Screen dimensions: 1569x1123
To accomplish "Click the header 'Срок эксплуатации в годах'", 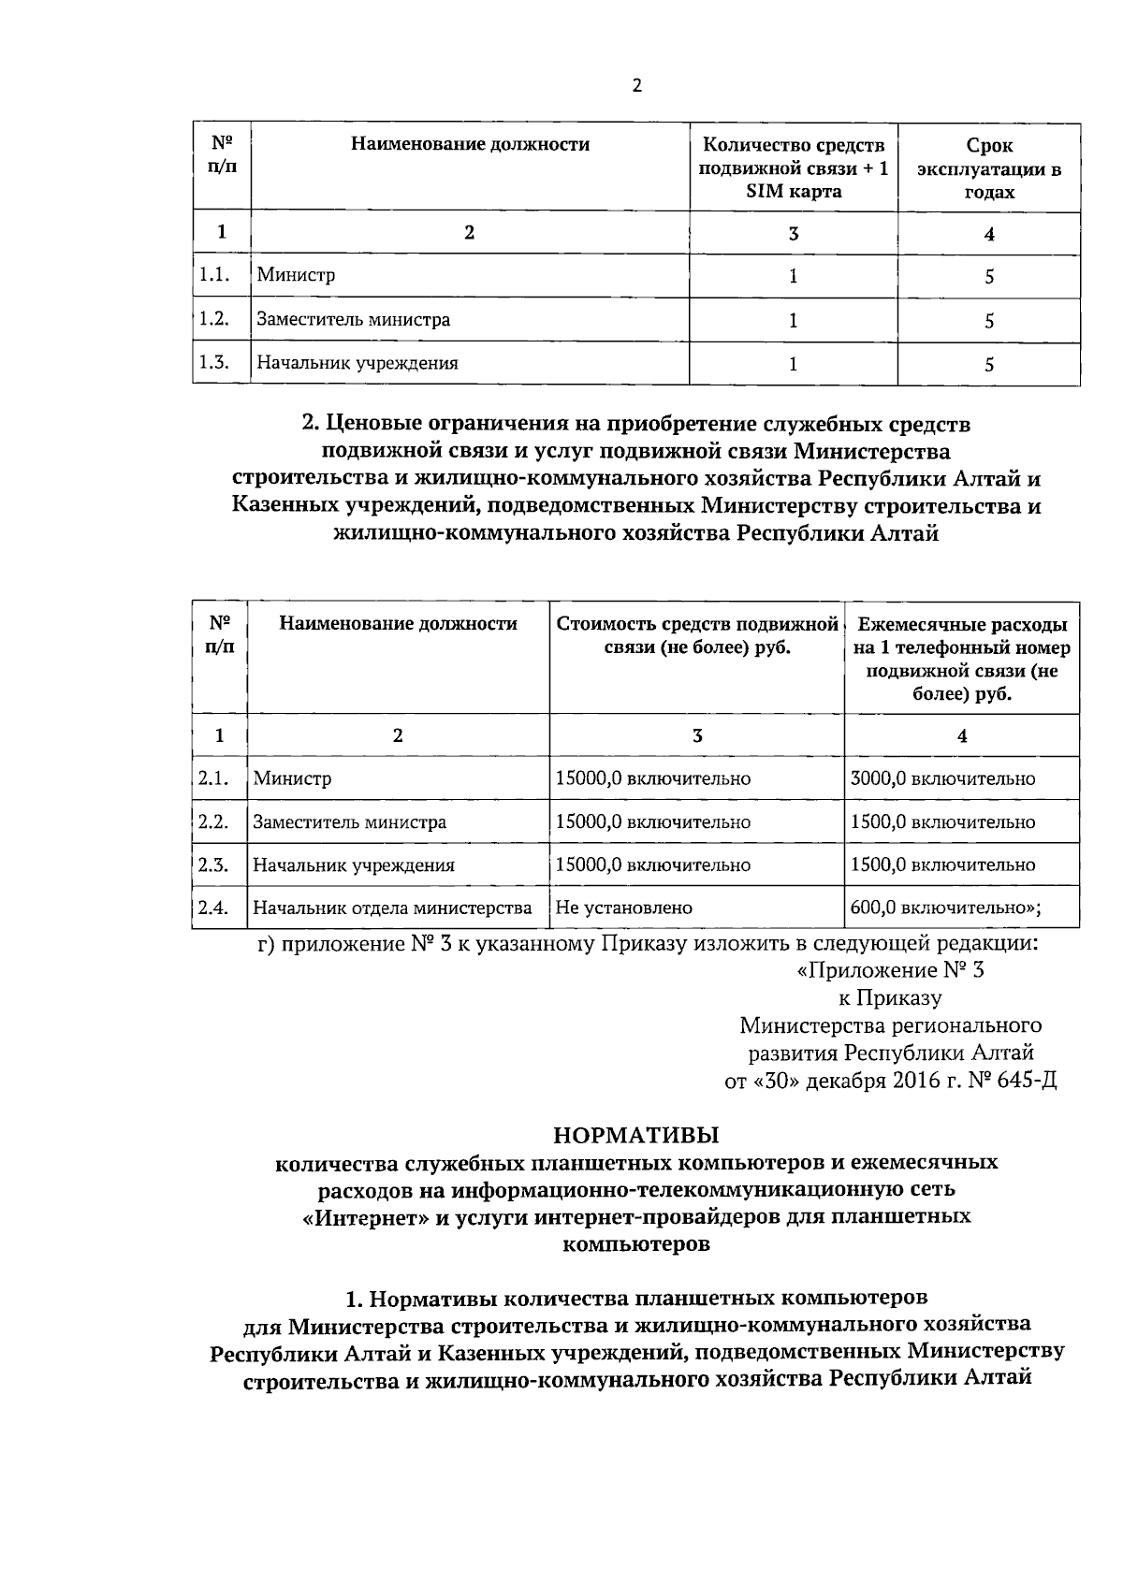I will (988, 168).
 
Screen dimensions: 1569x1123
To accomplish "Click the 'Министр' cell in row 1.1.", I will (296, 275).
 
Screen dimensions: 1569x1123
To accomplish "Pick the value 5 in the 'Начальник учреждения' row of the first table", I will (988, 365).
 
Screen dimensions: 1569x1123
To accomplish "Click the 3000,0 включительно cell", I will (942, 778).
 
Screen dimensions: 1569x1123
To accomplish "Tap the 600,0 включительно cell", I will (945, 908).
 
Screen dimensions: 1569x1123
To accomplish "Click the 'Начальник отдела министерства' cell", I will (392, 908).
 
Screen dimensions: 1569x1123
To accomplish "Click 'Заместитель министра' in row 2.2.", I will (349, 822).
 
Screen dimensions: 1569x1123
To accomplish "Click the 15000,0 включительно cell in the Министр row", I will (652, 778).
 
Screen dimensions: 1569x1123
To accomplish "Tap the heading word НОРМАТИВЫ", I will (636, 1136).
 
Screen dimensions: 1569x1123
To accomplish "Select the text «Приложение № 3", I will (890, 970).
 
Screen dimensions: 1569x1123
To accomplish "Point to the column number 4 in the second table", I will (961, 736).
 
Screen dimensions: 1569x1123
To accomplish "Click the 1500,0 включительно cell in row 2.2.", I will (942, 822).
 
